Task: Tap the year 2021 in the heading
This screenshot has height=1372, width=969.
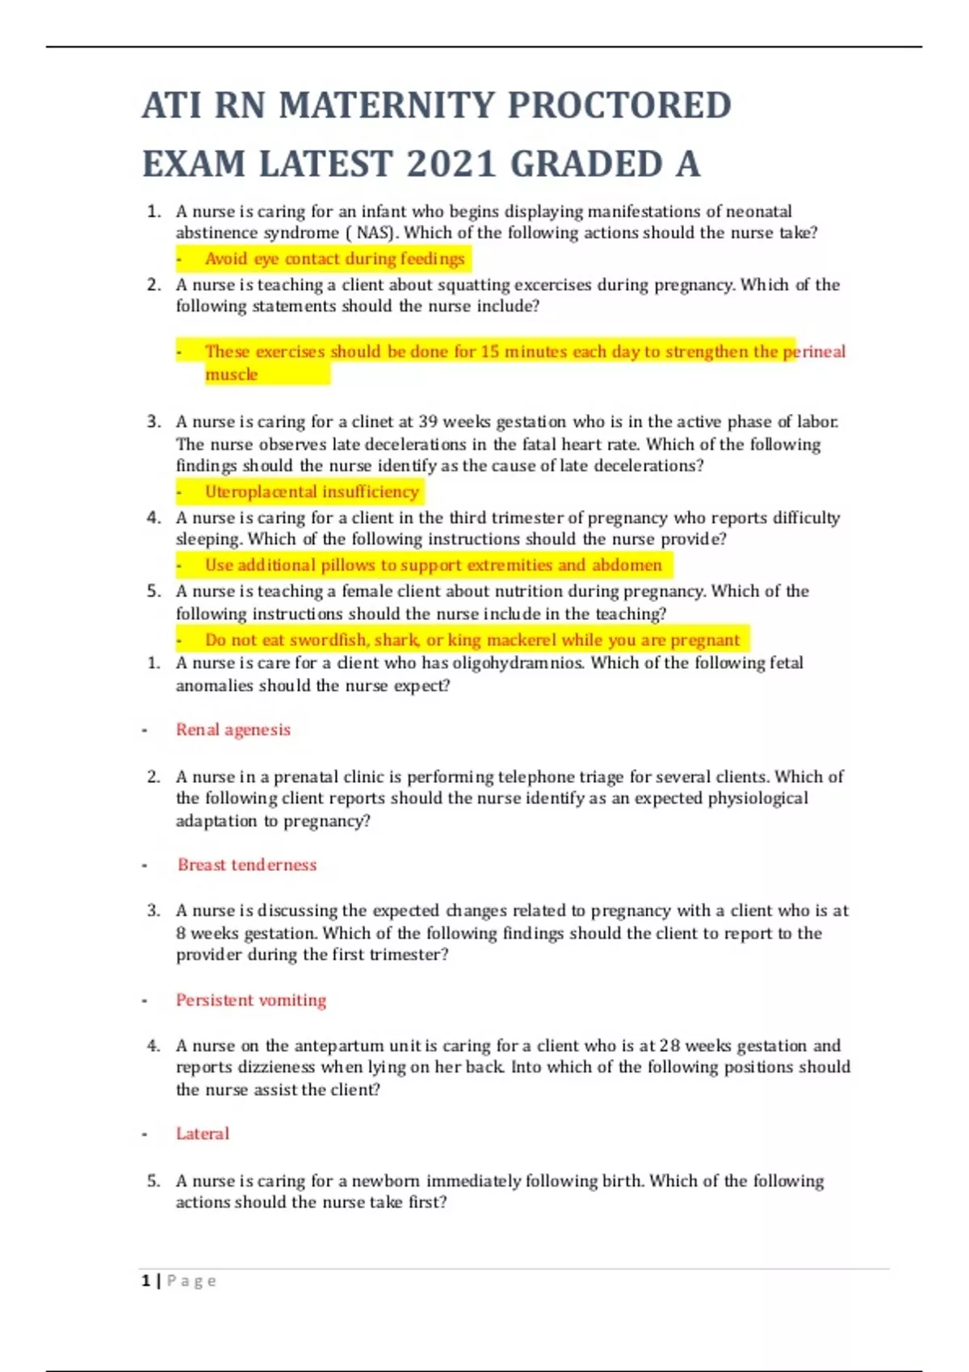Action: [451, 165]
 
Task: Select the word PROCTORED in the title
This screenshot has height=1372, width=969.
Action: [619, 106]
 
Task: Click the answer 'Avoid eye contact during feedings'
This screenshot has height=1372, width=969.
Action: [334, 259]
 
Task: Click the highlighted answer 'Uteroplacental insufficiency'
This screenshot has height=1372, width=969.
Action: [312, 492]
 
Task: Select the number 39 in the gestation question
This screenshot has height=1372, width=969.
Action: [428, 422]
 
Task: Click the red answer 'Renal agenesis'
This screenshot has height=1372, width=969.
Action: [233, 730]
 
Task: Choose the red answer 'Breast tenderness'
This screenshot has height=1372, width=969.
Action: [247, 865]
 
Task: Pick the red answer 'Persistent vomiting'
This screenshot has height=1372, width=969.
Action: [251, 1001]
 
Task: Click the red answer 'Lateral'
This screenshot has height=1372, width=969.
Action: [203, 1134]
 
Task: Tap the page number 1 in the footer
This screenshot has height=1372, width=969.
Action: [146, 1281]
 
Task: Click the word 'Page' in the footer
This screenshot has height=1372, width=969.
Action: [191, 1281]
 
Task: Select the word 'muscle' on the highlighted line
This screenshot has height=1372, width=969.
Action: [231, 374]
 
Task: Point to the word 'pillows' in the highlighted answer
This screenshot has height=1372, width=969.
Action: [349, 566]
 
